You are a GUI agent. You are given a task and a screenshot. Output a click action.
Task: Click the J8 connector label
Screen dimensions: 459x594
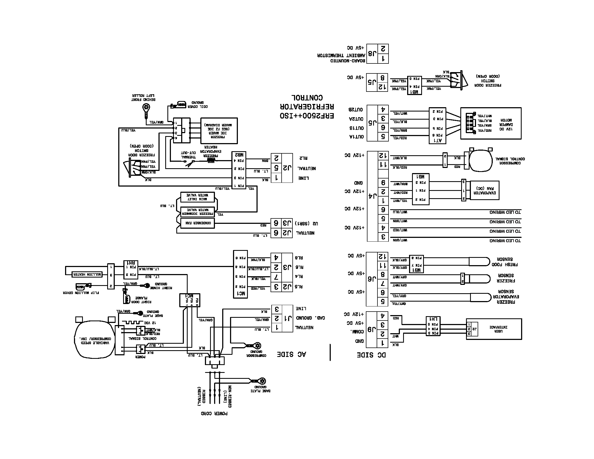click(372, 53)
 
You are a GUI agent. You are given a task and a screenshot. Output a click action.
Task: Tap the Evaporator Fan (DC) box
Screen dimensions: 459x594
click(484, 190)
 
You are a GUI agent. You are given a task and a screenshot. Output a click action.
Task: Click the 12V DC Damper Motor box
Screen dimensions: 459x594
click(491, 123)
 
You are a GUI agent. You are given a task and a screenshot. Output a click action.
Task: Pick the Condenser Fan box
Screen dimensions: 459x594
click(198, 223)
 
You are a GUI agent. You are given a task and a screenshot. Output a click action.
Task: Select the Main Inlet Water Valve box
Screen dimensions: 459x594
click(197, 197)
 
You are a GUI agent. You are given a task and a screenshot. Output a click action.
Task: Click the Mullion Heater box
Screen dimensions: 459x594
click(87, 274)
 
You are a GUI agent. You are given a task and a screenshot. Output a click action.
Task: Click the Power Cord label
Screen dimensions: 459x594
click(214, 413)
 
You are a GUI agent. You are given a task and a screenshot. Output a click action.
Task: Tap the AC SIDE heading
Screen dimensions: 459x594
click(291, 354)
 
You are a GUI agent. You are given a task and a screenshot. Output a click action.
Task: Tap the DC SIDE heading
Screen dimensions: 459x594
click(371, 355)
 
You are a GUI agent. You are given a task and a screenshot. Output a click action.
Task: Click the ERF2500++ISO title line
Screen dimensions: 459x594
click(307, 116)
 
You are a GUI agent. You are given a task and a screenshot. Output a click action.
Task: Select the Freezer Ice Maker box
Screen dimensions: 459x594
click(219, 131)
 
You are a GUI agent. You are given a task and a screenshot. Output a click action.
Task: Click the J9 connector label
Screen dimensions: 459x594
click(372, 329)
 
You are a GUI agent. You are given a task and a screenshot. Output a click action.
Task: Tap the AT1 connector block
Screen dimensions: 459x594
click(437, 125)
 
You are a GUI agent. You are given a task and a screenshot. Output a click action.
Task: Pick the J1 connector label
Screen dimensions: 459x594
click(288, 318)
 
